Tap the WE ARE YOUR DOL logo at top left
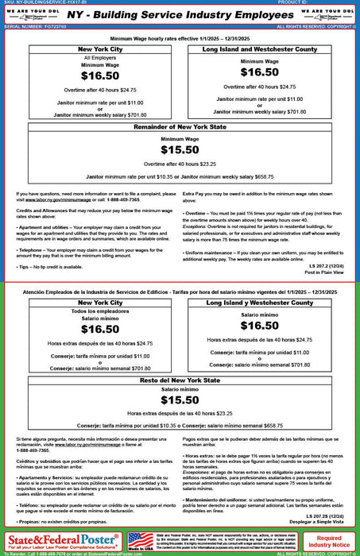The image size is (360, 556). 29,14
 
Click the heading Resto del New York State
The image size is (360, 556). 180,381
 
